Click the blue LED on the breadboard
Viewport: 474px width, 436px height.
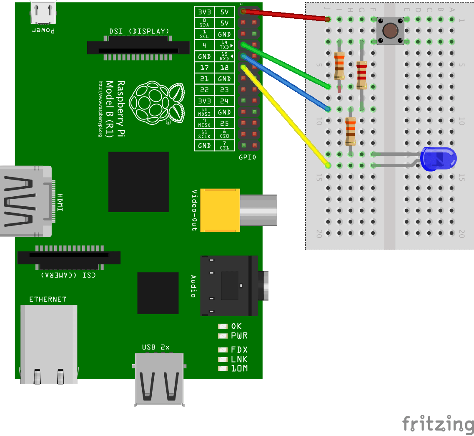[x=439, y=159]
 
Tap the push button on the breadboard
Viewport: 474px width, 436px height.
[x=390, y=30]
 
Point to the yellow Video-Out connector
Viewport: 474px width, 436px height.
[x=220, y=210]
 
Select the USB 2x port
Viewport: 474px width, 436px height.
[x=159, y=378]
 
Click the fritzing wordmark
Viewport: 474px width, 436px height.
[x=438, y=423]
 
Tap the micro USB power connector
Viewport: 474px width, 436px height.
[x=43, y=13]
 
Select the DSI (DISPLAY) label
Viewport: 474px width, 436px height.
[x=139, y=31]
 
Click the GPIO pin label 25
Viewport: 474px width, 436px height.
[x=224, y=124]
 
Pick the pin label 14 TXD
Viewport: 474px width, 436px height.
[x=224, y=45]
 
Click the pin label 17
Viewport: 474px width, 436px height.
[x=204, y=68]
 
